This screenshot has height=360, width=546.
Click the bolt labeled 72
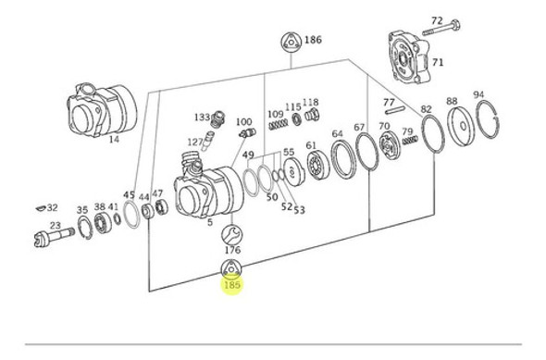pos(441,29)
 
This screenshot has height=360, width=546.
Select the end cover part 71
pos(409,57)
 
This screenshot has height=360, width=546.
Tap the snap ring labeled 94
pos(488,119)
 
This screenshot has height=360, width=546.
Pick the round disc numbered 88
pos(461,126)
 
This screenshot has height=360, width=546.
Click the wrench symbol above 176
pos(231,234)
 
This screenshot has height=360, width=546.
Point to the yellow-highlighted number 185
pos(232,285)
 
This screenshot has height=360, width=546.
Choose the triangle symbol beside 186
pos(291,43)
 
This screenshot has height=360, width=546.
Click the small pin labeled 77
pos(395,109)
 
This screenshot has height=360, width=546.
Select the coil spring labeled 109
pos(279,124)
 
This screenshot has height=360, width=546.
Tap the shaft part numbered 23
pos(54,236)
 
